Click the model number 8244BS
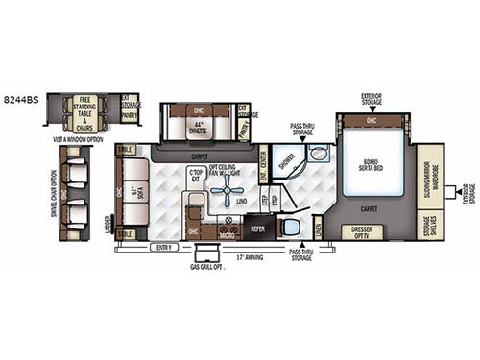pyautogui.click(x=22, y=97)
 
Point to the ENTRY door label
pyautogui.click(x=164, y=247)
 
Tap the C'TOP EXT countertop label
pyautogui.click(x=197, y=174)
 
